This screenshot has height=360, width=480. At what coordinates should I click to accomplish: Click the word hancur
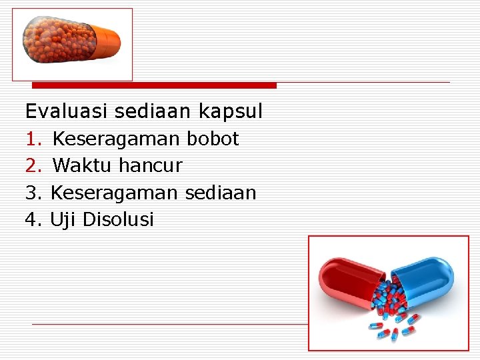[x=150, y=165]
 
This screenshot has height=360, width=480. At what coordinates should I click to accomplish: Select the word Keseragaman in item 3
[x=114, y=193]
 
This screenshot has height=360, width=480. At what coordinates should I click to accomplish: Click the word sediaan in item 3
[x=220, y=193]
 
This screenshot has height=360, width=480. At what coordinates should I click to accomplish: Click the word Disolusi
[x=118, y=219]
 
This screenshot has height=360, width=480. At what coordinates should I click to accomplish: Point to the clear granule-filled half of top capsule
[x=57, y=40]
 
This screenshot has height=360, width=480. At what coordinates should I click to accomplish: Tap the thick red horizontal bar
[x=154, y=85]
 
